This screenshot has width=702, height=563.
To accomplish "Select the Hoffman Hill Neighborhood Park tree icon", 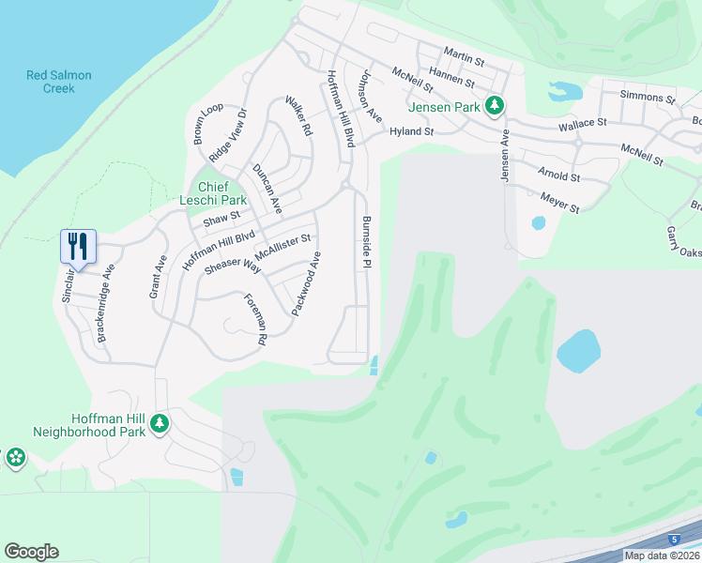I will pyautogui.click(x=160, y=424).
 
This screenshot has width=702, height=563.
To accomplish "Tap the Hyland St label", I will pyautogui.click(x=412, y=132).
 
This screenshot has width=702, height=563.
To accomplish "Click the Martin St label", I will pyautogui.click(x=464, y=61).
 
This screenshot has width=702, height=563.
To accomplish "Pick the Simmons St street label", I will pyautogui.click(x=648, y=97).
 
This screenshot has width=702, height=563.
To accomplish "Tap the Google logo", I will pyautogui.click(x=31, y=552).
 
